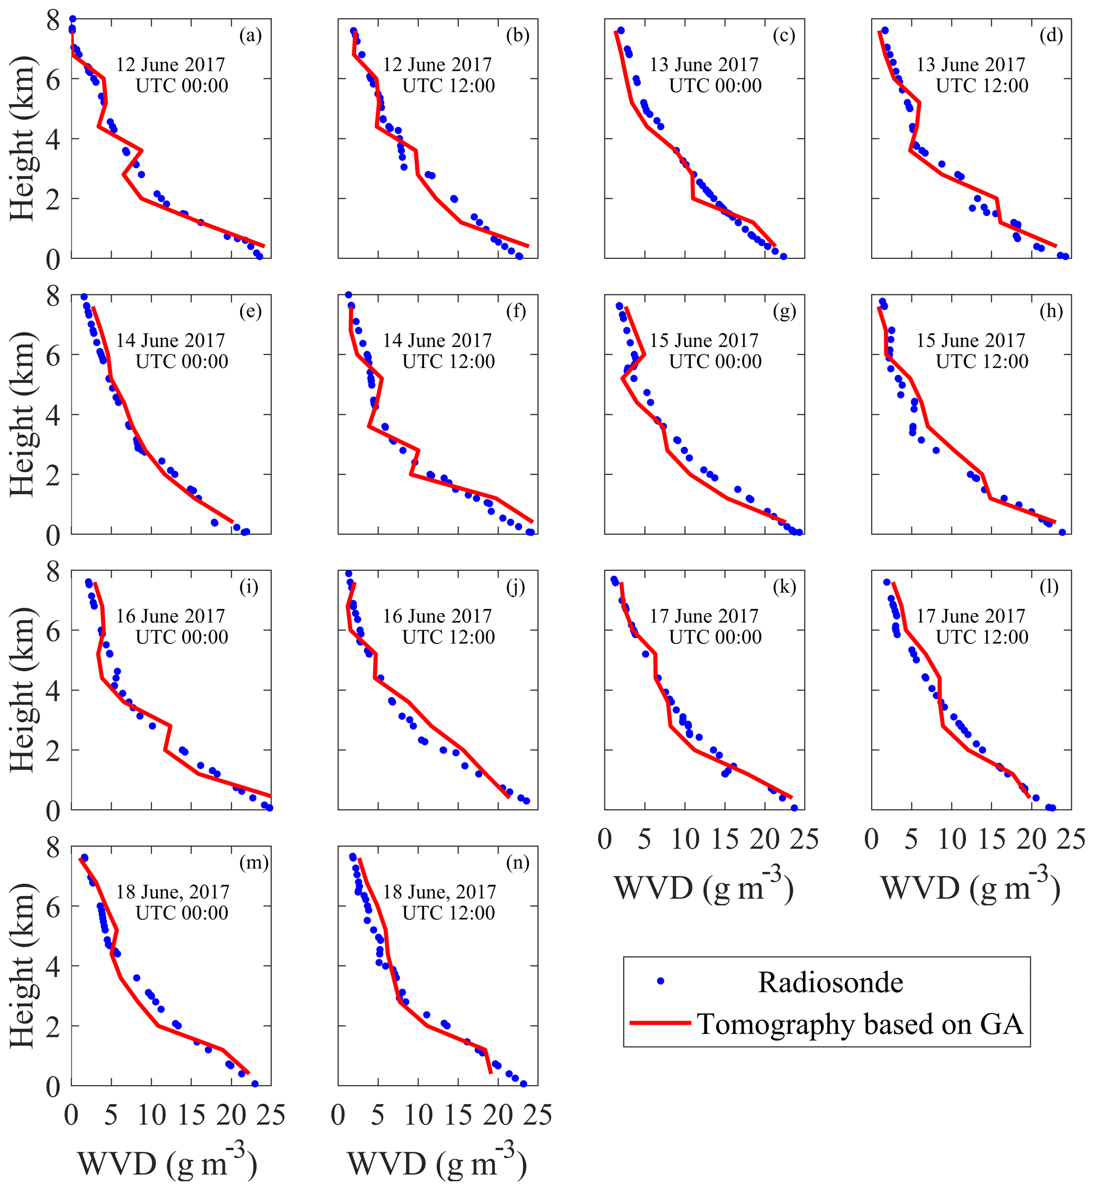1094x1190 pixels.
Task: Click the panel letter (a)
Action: point(250,36)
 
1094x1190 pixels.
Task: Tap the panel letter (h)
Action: point(1051,311)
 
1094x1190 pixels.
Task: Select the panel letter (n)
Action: point(518,863)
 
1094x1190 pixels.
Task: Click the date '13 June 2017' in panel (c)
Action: point(704,65)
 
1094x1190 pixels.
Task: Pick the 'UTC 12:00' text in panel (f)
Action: point(448,361)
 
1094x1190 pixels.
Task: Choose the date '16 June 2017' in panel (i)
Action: point(170,616)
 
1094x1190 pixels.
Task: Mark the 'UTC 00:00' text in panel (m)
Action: point(182,913)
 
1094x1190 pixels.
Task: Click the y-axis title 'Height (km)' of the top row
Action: point(23,139)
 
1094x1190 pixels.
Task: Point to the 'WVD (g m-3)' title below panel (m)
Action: point(168,1163)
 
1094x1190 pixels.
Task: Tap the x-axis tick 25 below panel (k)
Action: point(803,840)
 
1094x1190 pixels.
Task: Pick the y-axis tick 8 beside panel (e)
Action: point(53,296)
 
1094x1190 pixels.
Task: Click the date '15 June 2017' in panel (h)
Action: point(971,341)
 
